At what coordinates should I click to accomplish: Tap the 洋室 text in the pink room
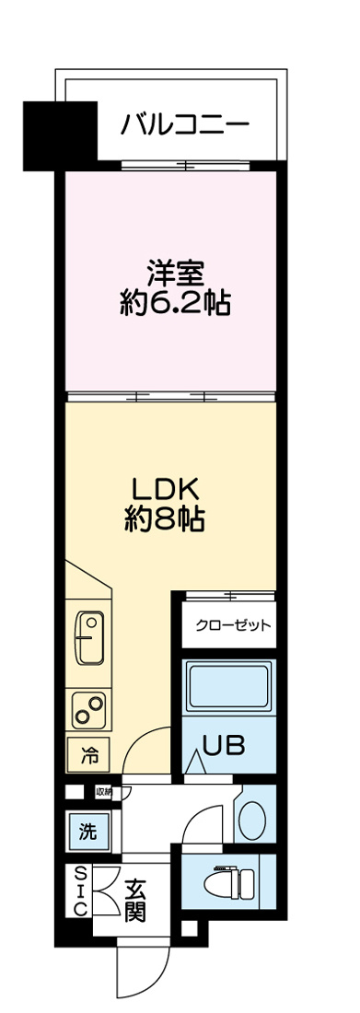coord(173,274)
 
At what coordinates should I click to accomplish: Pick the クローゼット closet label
coord(233,626)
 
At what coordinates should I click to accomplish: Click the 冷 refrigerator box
coord(89,757)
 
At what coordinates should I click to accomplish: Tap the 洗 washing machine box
coord(87,833)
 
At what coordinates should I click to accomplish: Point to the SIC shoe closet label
coord(80,891)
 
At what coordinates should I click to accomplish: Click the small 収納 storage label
coord(102,790)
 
